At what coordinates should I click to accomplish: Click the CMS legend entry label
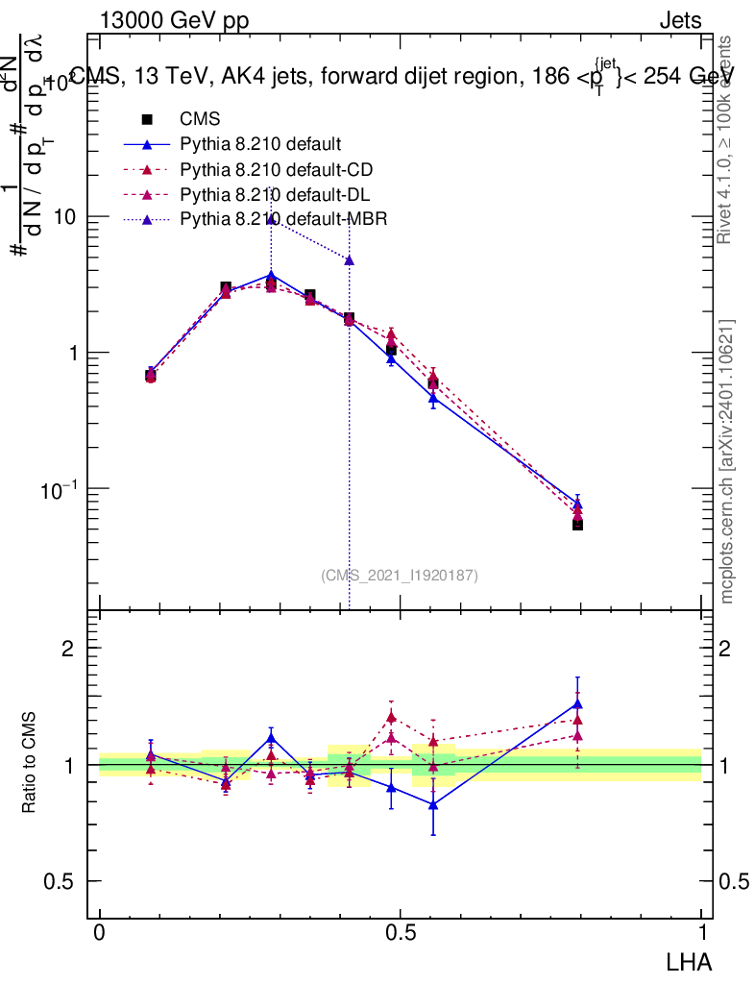point(200,120)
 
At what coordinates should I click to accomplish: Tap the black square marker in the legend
point(148,120)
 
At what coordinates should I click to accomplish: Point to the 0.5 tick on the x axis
point(400,933)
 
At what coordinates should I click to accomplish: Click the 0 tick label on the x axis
point(99,933)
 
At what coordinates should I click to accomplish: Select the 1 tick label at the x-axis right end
point(701,933)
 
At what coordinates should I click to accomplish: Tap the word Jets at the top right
point(679,20)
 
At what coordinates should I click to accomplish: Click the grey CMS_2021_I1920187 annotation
point(399,575)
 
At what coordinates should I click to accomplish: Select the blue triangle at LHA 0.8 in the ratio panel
point(577,703)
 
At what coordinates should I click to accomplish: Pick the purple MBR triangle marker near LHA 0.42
point(349,260)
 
